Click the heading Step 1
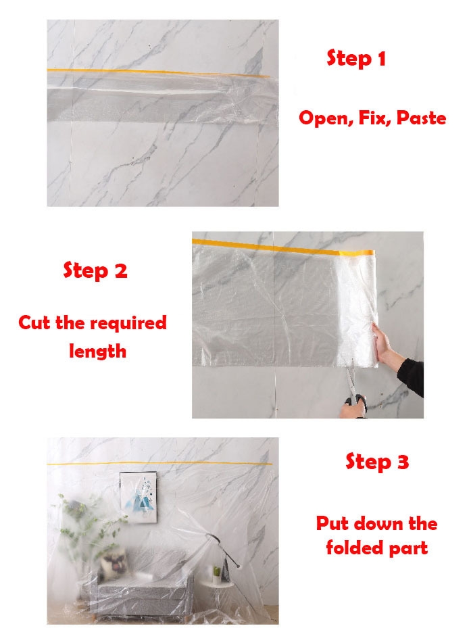[356, 59]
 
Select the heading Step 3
[377, 461]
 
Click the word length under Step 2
[97, 352]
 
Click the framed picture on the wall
[139, 497]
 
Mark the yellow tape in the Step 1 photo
[159, 72]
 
